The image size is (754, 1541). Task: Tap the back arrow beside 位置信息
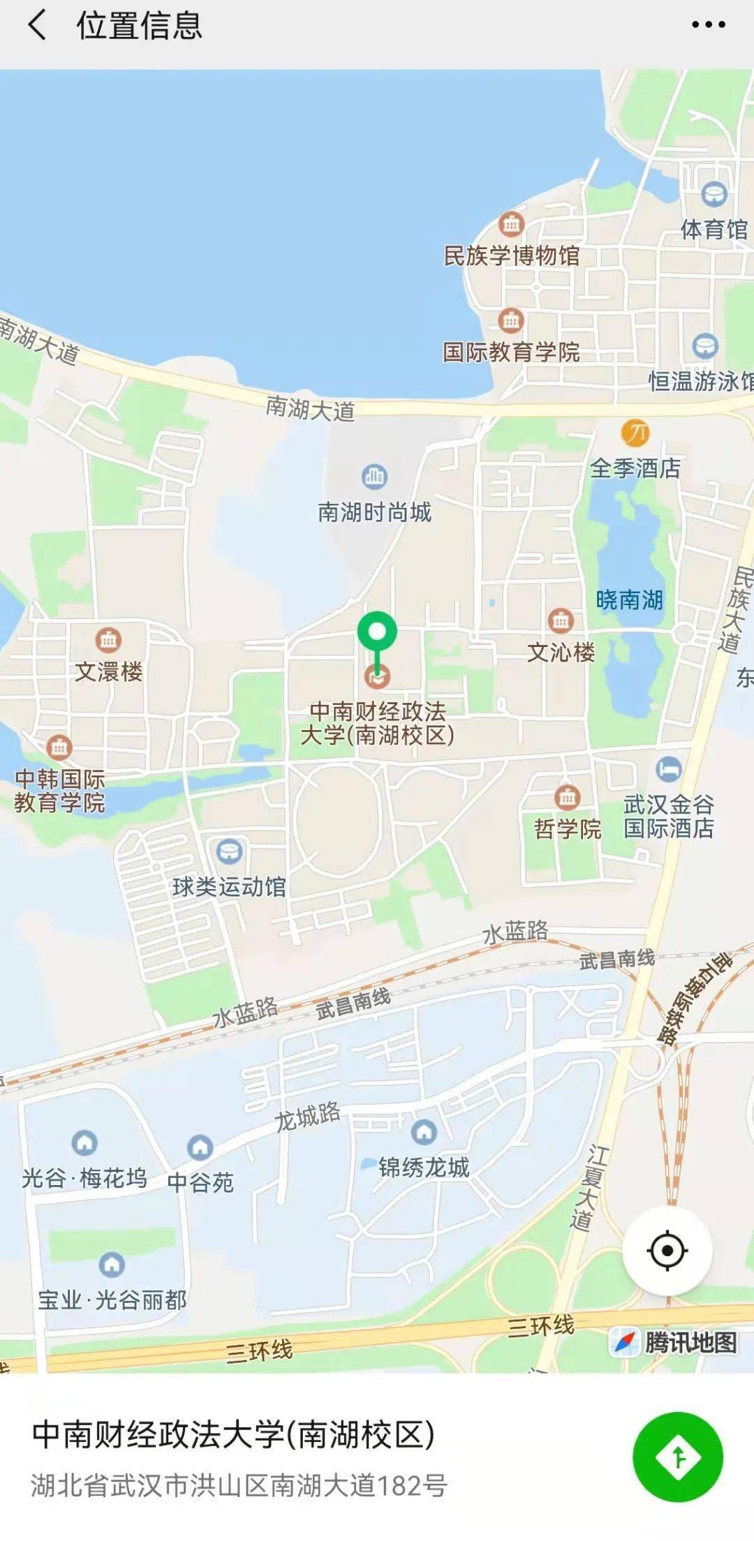coord(37,25)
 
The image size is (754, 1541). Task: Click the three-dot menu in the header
coord(708,25)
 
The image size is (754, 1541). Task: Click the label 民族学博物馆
coord(512,255)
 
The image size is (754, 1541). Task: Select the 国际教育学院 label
coord(512,352)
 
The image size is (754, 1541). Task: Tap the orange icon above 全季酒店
coord(635,433)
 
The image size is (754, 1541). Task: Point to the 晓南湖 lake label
coord(629,600)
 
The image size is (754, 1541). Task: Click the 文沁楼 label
coord(561,653)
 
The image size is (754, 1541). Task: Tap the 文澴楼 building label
coord(109,671)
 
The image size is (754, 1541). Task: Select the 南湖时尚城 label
coord(375,512)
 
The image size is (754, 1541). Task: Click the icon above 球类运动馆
coord(229,851)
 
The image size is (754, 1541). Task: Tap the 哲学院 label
coord(567,828)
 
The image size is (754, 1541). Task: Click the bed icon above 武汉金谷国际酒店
coord(669,768)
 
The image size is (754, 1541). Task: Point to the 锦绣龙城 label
coord(424,1167)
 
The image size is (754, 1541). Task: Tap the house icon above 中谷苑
coord(200,1147)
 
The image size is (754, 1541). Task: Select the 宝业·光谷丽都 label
coord(112,1300)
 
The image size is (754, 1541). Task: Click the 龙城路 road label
coord(307,1116)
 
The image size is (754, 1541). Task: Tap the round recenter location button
coord(667,1251)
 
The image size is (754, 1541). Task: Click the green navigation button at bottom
coord(678,1457)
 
